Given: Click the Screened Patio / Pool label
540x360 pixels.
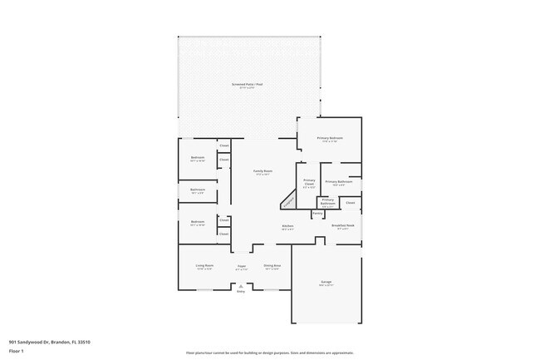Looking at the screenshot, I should pyautogui.click(x=247, y=85).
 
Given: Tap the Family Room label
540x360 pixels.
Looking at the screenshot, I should pyautogui.click(x=263, y=171).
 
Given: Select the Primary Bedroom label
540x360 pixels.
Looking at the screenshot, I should pyautogui.click(x=330, y=138).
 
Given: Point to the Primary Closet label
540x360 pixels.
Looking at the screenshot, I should pyautogui.click(x=309, y=182).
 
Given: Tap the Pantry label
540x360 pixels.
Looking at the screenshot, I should pyautogui.click(x=317, y=214).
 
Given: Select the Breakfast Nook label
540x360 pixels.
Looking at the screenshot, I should pyautogui.click(x=343, y=225).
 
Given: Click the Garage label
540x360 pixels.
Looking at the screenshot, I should pyautogui.click(x=326, y=283).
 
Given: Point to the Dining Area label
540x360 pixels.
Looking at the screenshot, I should pyautogui.click(x=272, y=266).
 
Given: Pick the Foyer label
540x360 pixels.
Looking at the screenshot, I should pyautogui.click(x=241, y=266).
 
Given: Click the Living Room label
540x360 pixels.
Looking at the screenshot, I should pyautogui.click(x=204, y=266).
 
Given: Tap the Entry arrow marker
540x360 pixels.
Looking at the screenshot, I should pyautogui.click(x=241, y=285).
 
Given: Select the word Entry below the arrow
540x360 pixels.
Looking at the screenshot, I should pyautogui.click(x=241, y=292).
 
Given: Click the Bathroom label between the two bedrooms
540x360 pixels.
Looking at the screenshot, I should pyautogui.click(x=198, y=190).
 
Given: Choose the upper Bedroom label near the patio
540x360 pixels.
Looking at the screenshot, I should pyautogui.click(x=198, y=157).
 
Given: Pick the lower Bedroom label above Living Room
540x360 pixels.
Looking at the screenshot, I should pyautogui.click(x=198, y=221).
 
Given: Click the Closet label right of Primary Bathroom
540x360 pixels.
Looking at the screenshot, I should pyautogui.click(x=350, y=202).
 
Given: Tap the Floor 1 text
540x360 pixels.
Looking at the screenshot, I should pyautogui.click(x=16, y=350).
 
